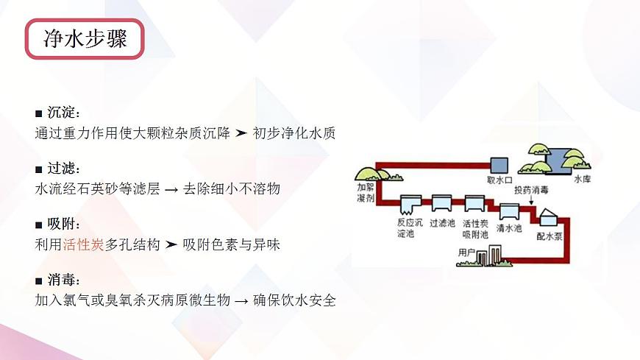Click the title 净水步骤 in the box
point(85,39)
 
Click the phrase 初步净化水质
point(294,134)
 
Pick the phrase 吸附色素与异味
point(232,244)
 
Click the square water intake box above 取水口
point(499,165)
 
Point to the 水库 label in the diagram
point(582,179)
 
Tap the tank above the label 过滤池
point(441,202)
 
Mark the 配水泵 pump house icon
point(549,219)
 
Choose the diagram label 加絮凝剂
point(366,194)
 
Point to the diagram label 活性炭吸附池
point(476,227)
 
